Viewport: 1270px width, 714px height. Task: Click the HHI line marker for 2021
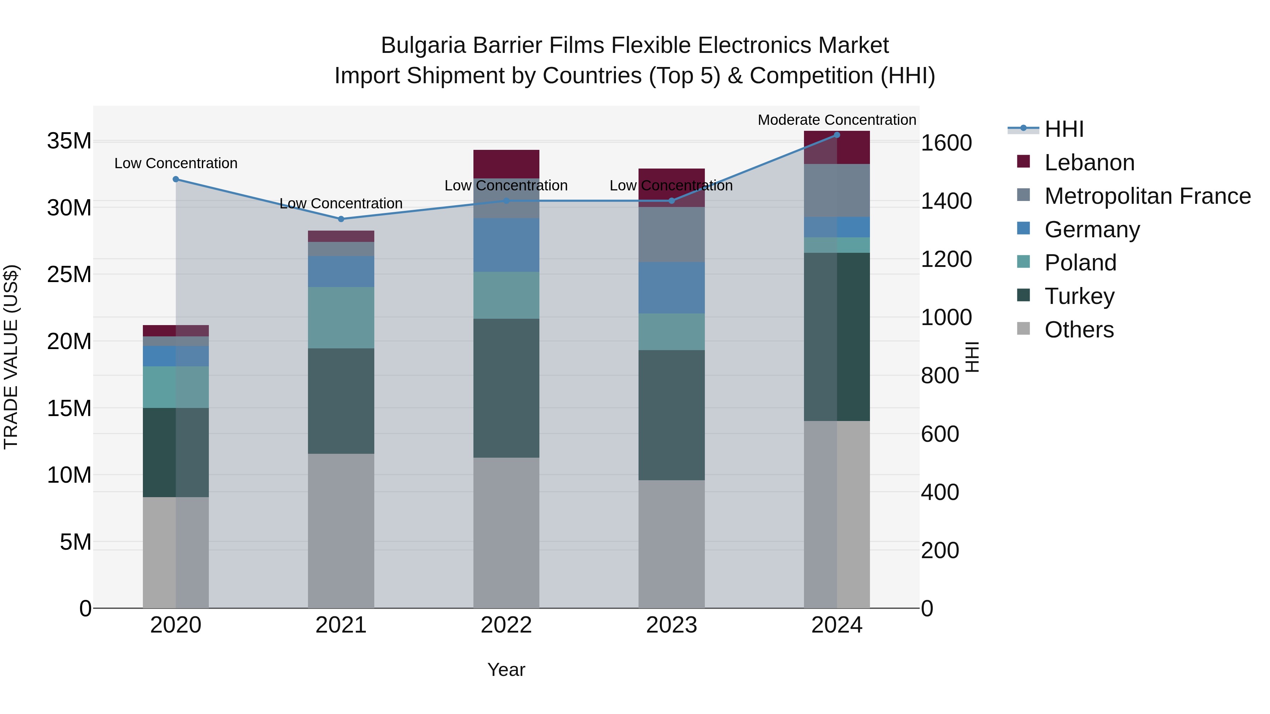(341, 219)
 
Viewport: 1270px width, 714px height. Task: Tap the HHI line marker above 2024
(837, 135)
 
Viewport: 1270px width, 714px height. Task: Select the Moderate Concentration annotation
(837, 120)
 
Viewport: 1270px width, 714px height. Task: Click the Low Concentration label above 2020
(176, 163)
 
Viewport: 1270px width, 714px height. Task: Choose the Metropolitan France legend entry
(1147, 196)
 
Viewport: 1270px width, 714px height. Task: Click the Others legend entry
(1079, 330)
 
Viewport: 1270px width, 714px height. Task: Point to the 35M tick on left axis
(69, 141)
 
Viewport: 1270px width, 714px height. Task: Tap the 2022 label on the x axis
(506, 625)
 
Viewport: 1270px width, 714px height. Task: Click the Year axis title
(506, 670)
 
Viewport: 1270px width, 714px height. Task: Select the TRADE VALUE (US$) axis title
(11, 357)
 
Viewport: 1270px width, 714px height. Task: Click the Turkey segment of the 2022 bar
(506, 388)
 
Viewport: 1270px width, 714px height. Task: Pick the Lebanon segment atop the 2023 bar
(671, 187)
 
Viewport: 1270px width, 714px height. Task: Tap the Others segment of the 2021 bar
(341, 531)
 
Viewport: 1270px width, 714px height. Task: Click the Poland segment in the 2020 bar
(176, 387)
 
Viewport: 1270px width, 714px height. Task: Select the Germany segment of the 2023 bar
(671, 288)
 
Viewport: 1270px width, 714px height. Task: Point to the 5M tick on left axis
(75, 542)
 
